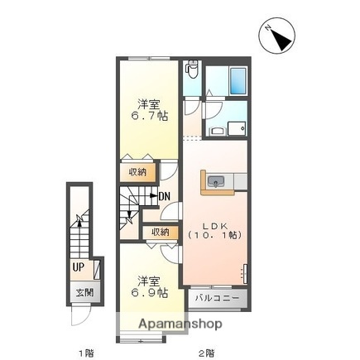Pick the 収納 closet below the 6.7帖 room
pos(137,172)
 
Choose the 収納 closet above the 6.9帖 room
pos(160,233)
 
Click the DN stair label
pos(164,196)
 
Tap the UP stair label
pos(78,267)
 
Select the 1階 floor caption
pos(85,353)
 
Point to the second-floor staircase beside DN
pos(132,206)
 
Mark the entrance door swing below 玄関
pos(80,317)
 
